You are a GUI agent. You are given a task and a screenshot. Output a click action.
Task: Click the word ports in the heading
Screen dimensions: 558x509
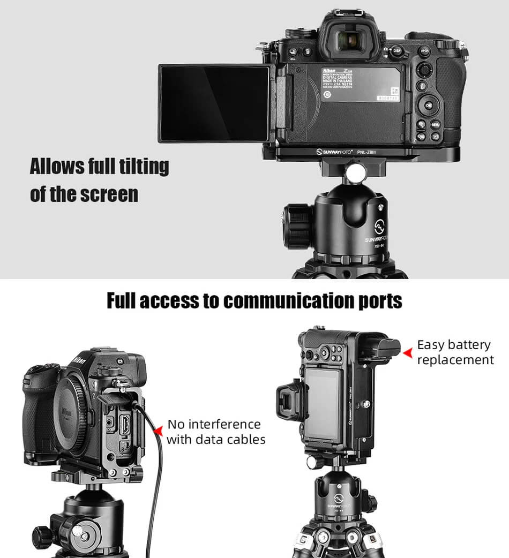coord(377,301)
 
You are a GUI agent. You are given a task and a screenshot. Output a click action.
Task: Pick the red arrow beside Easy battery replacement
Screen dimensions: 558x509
coord(408,352)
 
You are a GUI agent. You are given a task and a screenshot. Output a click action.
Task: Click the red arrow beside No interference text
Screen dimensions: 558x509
coord(158,431)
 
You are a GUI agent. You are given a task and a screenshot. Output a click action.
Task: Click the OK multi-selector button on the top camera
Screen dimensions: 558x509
coord(429,105)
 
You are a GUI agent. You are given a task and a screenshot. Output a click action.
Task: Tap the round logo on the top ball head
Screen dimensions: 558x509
coord(380,224)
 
